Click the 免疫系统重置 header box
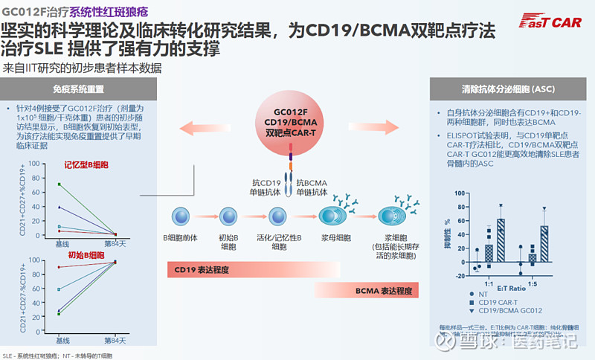[x=77, y=89]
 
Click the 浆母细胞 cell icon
[x=330, y=216]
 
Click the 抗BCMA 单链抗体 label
[x=315, y=187]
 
